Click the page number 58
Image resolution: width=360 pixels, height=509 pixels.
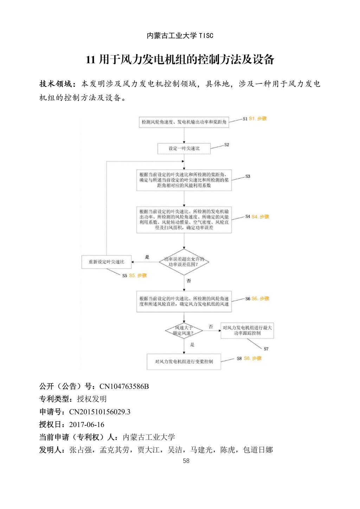(x=186, y=460)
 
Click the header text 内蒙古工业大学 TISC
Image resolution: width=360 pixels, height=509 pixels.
(x=180, y=36)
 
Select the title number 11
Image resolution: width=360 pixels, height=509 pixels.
(x=90, y=60)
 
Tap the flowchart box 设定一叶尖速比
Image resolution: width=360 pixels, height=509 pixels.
(x=184, y=148)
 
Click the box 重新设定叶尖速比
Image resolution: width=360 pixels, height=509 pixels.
(x=106, y=262)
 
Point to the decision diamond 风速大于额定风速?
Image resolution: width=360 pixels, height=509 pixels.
(x=184, y=330)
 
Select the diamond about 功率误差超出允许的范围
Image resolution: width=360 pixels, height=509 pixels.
(x=184, y=261)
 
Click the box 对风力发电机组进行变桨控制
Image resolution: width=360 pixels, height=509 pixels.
(x=184, y=361)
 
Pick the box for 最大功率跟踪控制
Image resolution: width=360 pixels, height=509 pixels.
(x=247, y=330)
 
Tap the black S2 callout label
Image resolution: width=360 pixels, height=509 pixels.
(x=226, y=144)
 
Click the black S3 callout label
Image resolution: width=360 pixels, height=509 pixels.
(x=247, y=176)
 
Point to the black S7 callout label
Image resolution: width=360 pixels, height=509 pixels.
(x=266, y=349)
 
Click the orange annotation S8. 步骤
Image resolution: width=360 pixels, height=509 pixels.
(x=253, y=358)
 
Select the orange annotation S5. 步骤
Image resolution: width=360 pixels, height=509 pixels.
(x=138, y=276)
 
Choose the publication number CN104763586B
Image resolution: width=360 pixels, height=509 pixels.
(x=124, y=386)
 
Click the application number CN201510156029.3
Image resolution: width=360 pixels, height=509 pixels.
(x=99, y=412)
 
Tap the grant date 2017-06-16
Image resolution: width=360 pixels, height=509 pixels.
(x=87, y=424)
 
